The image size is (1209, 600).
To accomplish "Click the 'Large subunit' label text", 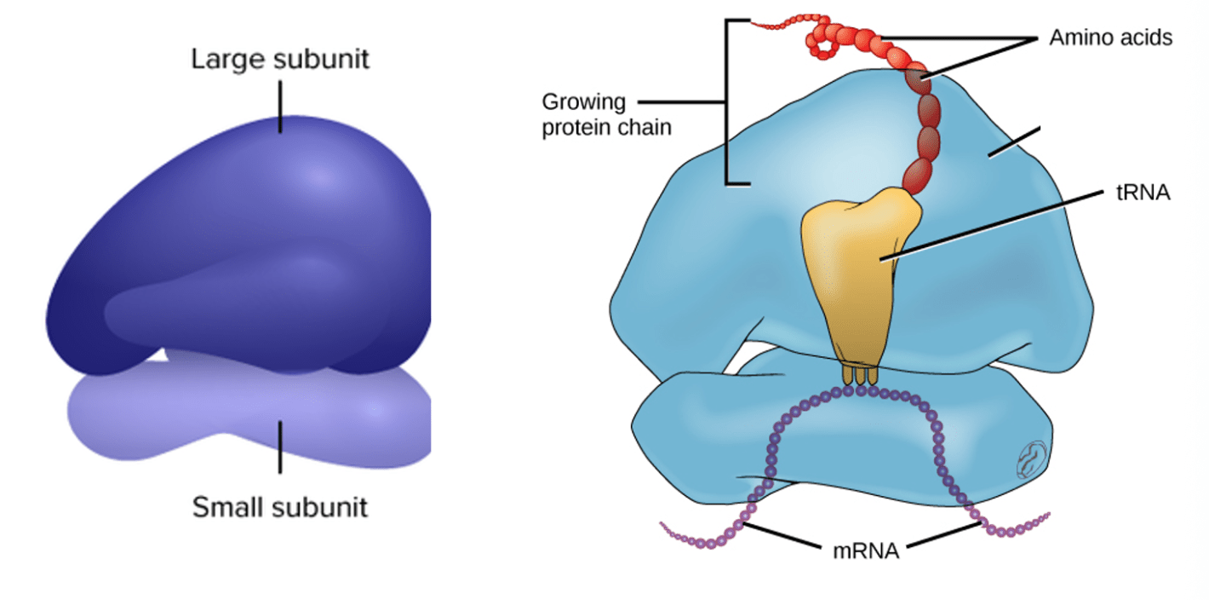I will click(280, 60).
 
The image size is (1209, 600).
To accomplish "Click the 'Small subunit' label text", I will click(279, 507).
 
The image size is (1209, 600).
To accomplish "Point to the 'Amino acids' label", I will click(1110, 38).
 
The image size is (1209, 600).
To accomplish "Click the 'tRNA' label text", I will click(1143, 193).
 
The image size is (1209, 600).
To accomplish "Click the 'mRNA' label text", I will click(865, 551).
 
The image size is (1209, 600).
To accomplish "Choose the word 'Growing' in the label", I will click(583, 103).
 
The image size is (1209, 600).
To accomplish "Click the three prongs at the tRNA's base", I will click(860, 375).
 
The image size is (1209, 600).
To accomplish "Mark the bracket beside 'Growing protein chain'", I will click(727, 102).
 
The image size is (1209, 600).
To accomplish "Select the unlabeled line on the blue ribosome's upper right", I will click(1013, 142).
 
